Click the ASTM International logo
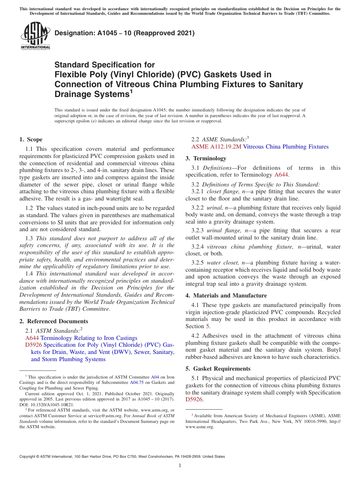[x=35, y=36]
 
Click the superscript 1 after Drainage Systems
[x=131, y=91]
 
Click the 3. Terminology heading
[x=206, y=158]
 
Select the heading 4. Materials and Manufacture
[x=226, y=296]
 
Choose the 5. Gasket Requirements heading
[x=218, y=369]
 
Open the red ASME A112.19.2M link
[x=216, y=147]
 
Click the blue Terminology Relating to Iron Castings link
[x=89, y=338]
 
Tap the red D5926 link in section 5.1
[x=194, y=399]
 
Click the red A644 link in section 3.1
[x=281, y=175]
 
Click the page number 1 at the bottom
[x=180, y=465]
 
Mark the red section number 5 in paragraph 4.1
[x=207, y=326]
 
